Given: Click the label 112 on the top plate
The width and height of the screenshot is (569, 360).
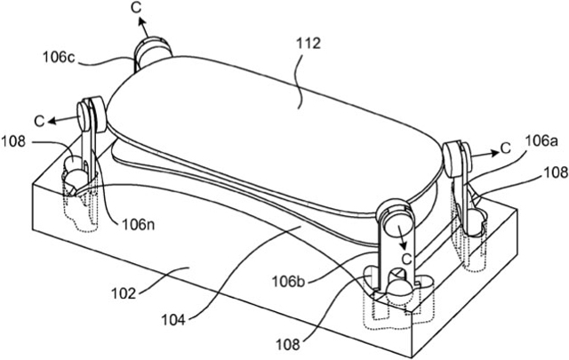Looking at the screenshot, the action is click(309, 44).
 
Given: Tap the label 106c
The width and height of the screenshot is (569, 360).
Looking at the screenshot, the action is click(59, 57).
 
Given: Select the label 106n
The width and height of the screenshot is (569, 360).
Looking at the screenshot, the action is click(138, 225).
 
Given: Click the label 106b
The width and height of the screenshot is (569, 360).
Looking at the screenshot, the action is click(289, 282).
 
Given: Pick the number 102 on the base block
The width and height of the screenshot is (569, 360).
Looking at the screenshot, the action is click(124, 293).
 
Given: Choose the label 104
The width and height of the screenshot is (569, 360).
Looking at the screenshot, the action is click(173, 320).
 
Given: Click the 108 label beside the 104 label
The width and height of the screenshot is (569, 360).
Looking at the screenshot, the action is click(288, 344).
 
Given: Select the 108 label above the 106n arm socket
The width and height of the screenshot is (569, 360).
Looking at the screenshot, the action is click(13, 141).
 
